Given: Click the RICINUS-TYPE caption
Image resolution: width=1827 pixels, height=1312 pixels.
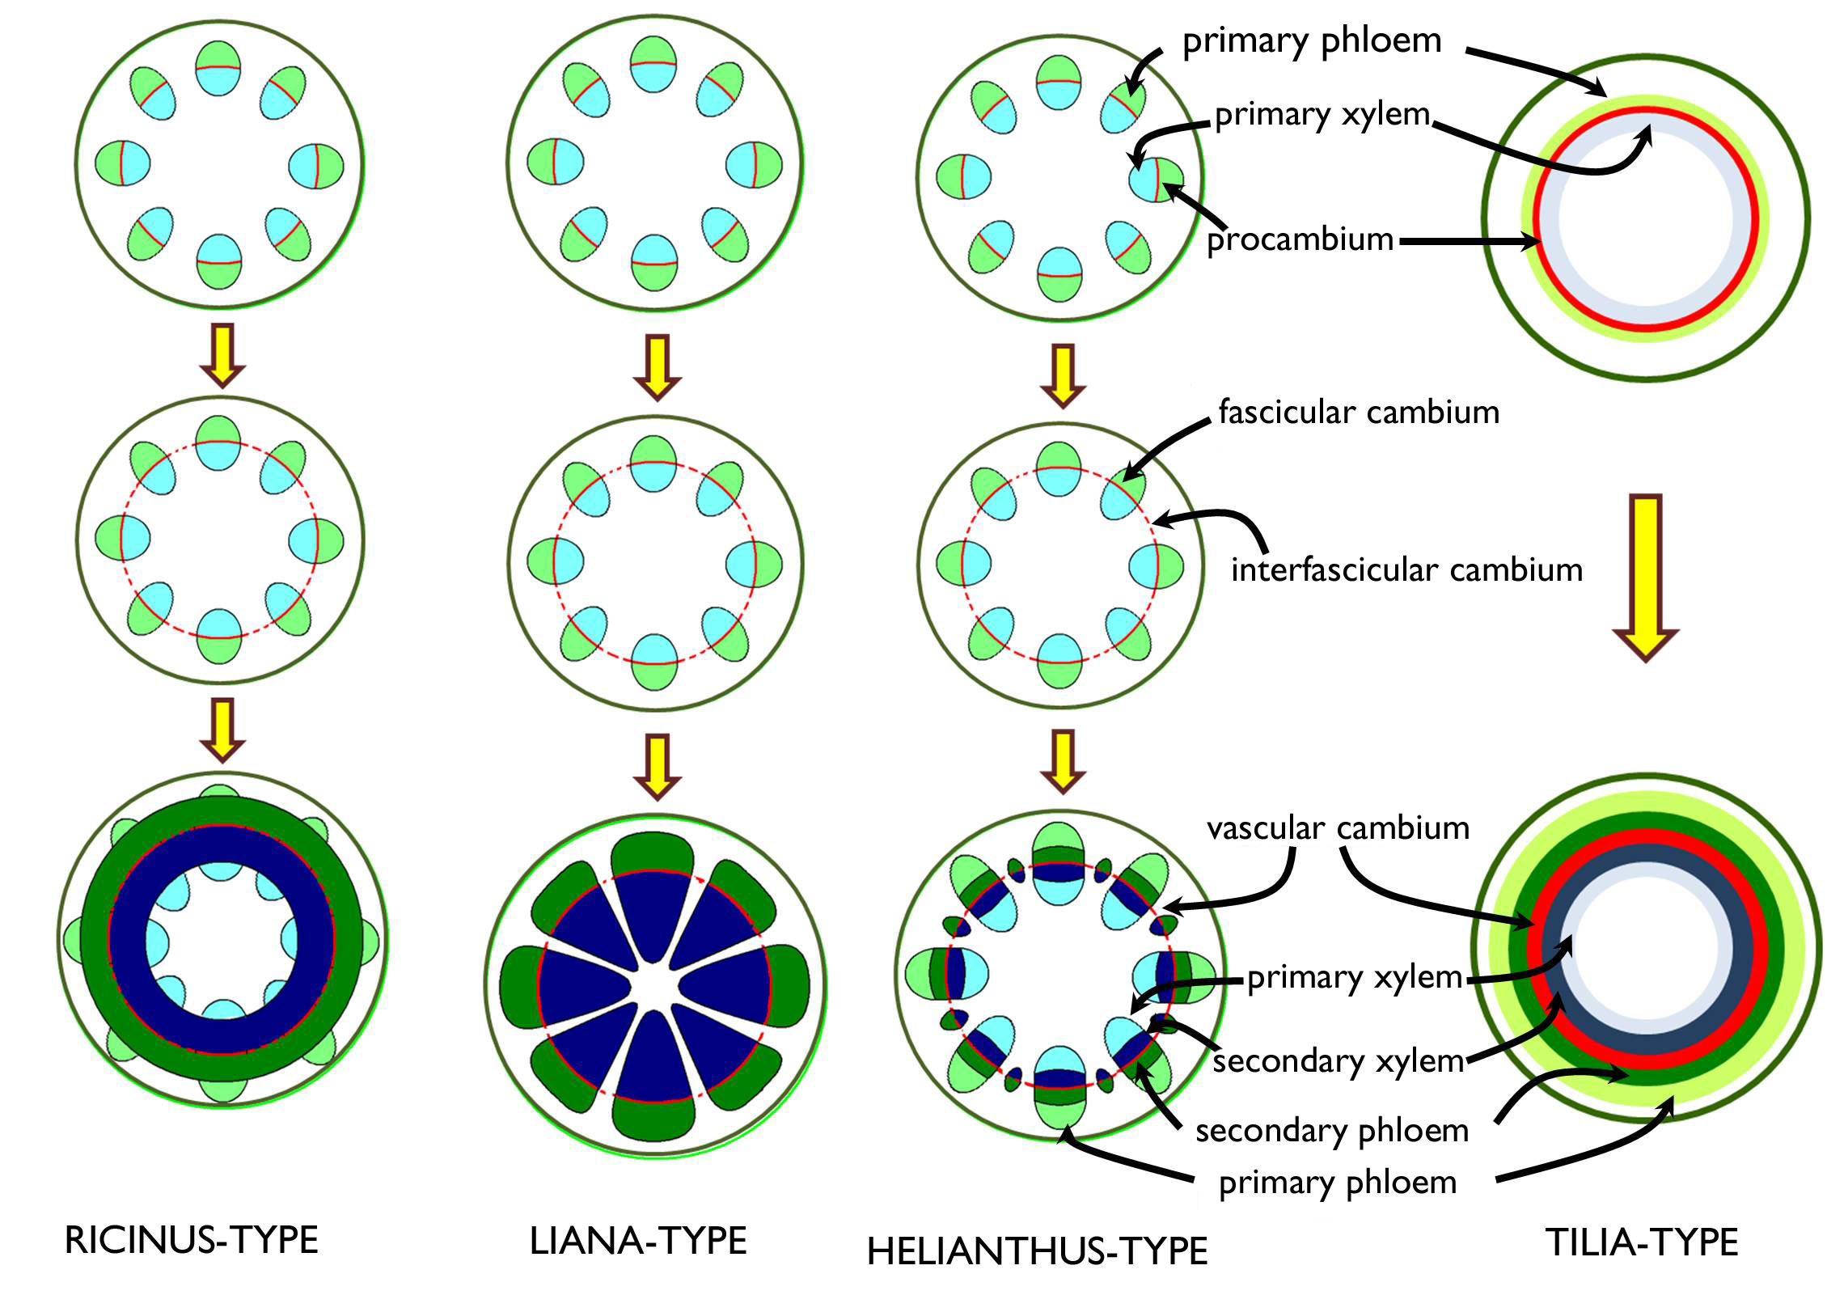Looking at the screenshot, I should (x=191, y=1241).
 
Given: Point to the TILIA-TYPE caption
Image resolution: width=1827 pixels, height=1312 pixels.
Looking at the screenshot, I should (x=1642, y=1242).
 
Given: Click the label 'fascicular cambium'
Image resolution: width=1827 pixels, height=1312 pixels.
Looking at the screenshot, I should (x=1359, y=413).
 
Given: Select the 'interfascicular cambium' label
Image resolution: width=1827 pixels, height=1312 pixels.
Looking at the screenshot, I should (x=1406, y=570).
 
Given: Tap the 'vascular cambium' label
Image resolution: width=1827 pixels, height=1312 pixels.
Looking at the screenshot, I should (x=1338, y=828).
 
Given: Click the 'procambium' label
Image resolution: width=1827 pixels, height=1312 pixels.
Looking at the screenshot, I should (x=1300, y=240).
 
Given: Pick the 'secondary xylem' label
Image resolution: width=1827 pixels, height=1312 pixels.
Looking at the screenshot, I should (x=1339, y=1061).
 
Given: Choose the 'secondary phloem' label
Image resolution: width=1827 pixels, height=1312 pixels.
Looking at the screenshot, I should (x=1332, y=1131).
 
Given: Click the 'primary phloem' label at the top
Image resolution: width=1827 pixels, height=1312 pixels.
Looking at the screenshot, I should (x=1312, y=40).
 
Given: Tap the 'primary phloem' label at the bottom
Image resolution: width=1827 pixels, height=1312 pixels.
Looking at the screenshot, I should (x=1338, y=1183).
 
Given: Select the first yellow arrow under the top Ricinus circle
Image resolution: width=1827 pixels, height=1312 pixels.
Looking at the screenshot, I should (x=222, y=353).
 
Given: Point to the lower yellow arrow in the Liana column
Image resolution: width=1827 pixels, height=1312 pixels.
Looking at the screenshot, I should (x=657, y=765).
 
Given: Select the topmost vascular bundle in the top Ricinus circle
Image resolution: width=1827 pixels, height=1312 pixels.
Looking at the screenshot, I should (x=218, y=69).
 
